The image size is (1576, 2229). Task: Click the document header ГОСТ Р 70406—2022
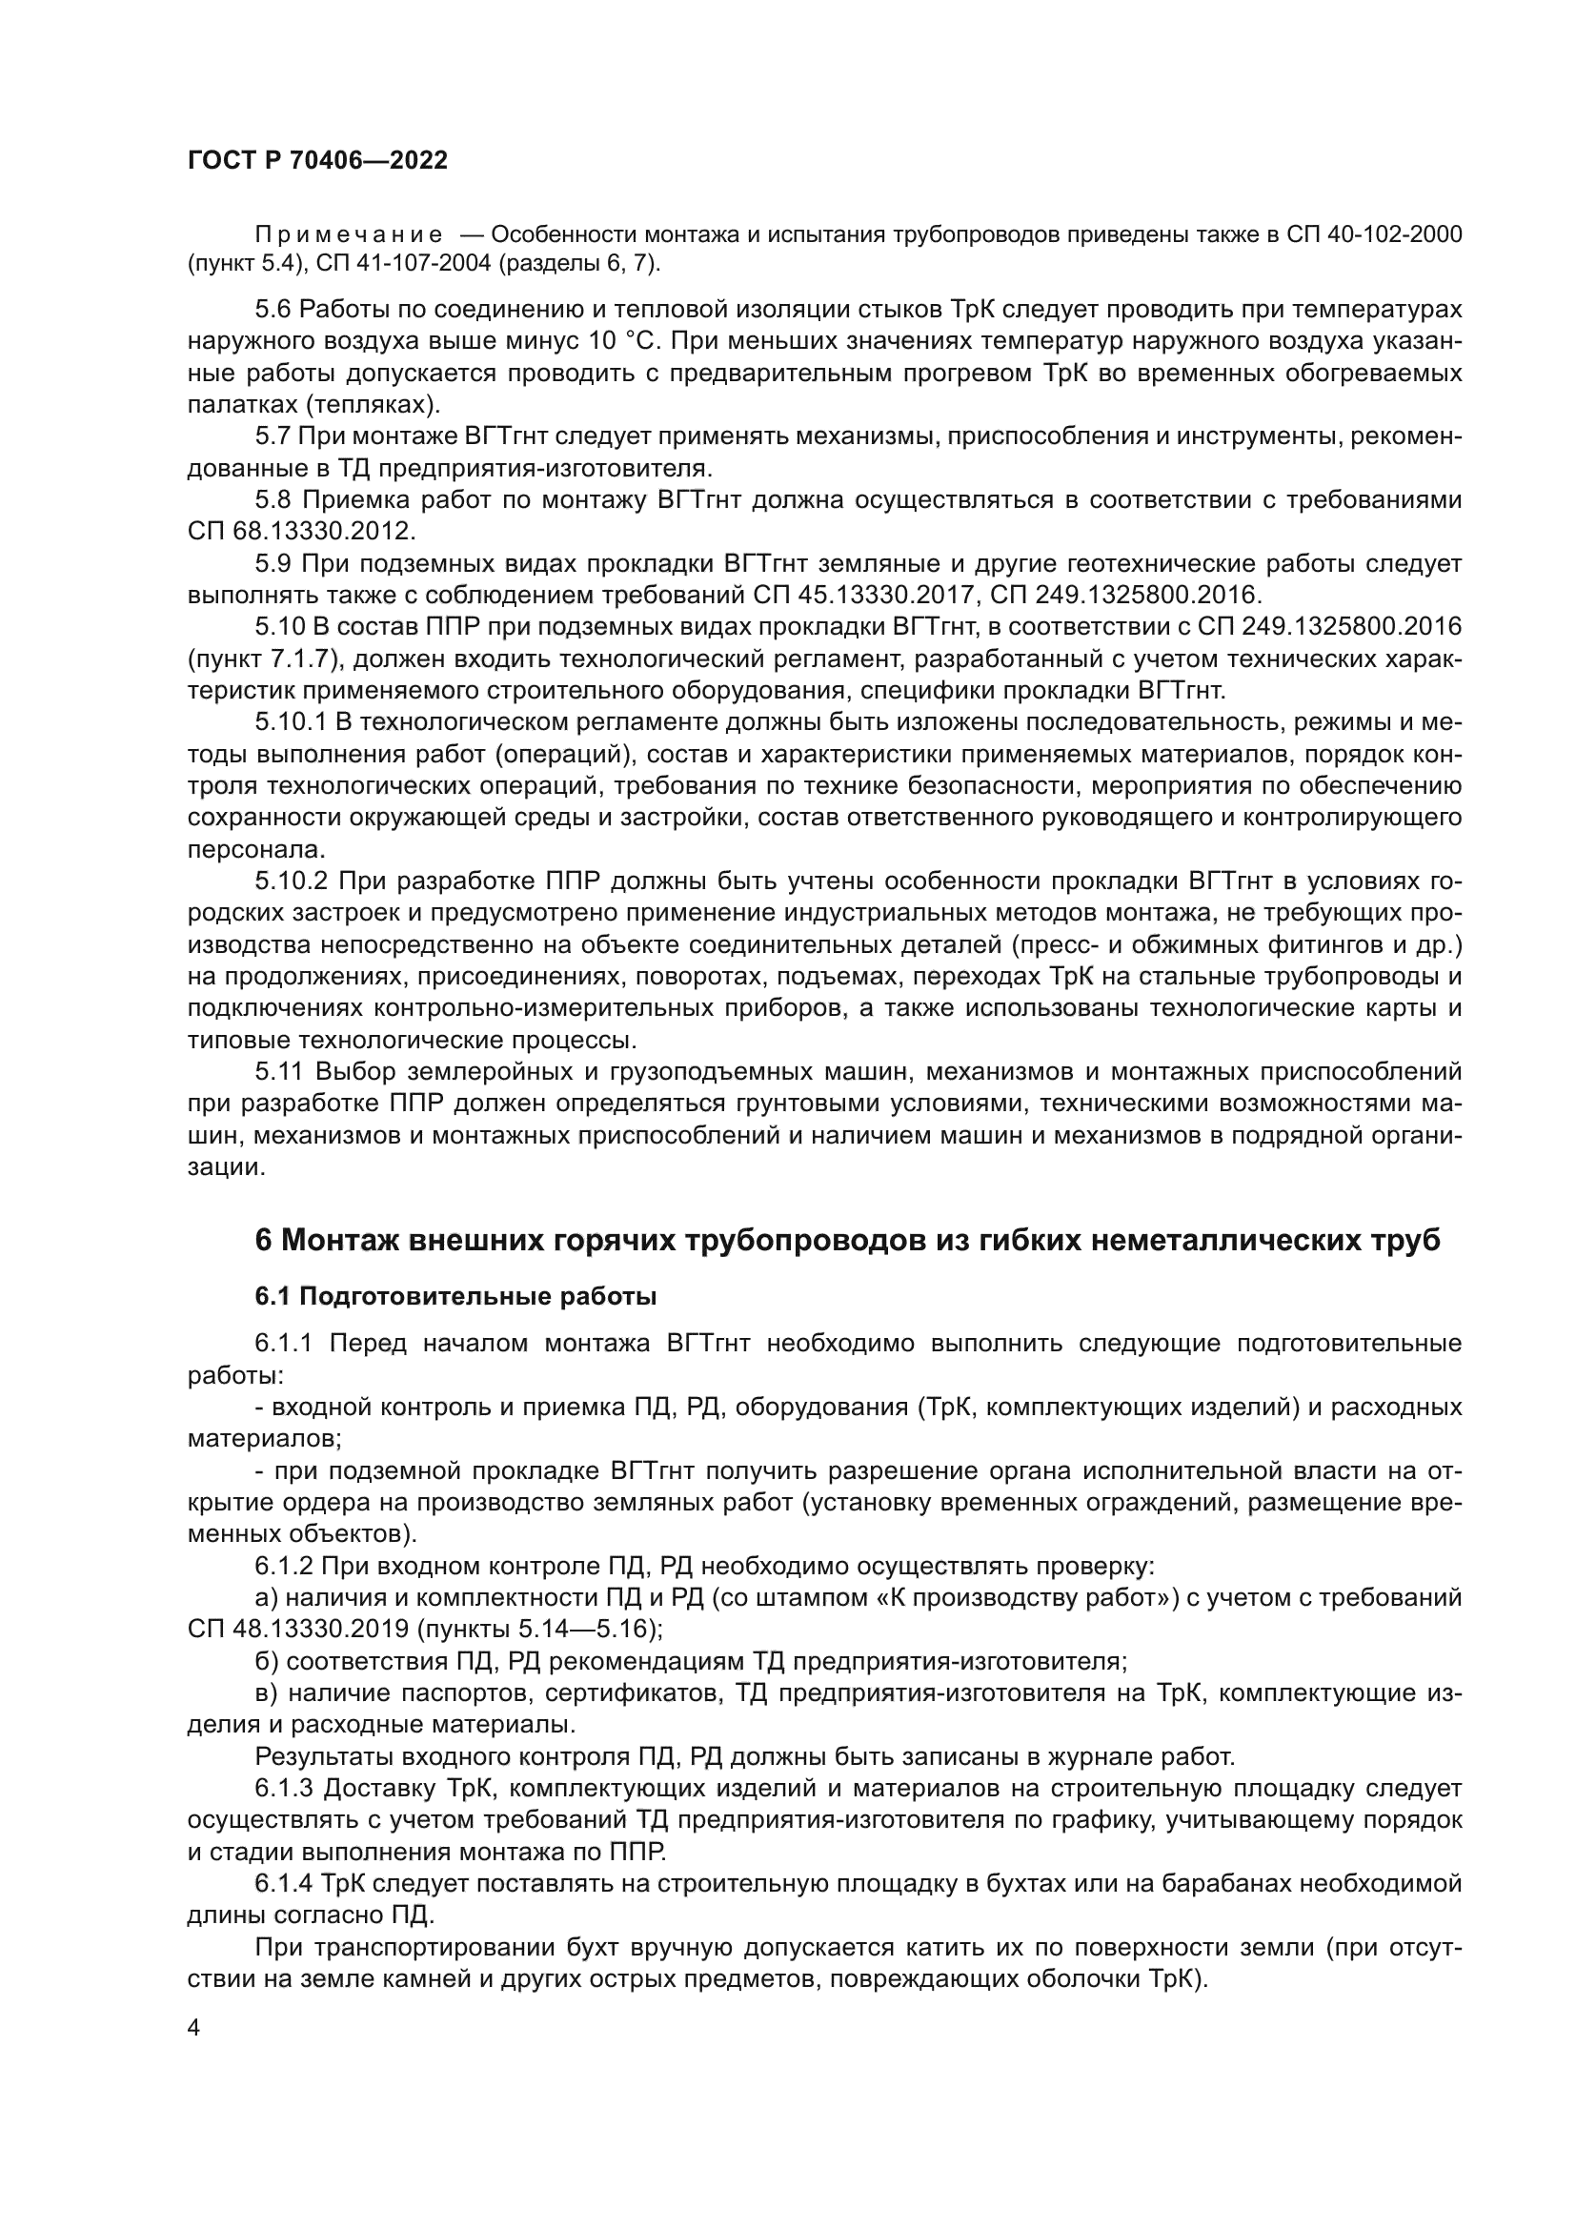(317, 161)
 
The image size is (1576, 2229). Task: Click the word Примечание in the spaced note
(349, 235)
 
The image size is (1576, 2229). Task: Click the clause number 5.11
(277, 1072)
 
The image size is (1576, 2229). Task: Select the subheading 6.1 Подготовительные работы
(456, 1297)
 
